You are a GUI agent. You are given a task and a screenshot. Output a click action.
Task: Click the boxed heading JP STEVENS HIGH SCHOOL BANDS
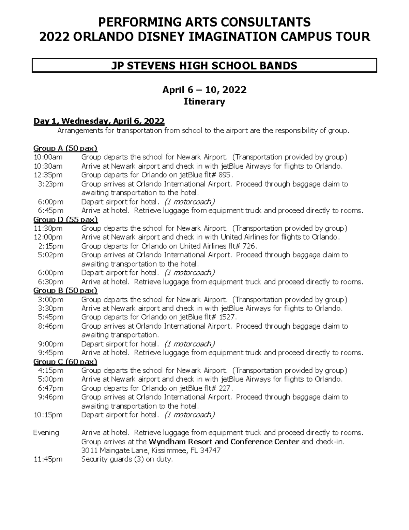(x=204, y=66)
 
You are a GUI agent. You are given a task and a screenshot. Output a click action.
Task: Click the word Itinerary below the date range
(x=204, y=102)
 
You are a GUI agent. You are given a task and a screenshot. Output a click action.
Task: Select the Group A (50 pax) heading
(x=65, y=148)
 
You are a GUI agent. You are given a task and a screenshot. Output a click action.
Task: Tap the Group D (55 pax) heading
(x=65, y=219)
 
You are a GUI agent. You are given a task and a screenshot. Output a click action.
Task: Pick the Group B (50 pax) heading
(x=65, y=290)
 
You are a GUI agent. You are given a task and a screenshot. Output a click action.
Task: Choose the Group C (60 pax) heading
(x=65, y=361)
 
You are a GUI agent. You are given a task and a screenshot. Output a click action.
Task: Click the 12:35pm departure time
(x=48, y=175)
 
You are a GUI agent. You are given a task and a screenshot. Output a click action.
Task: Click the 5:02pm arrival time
(x=50, y=255)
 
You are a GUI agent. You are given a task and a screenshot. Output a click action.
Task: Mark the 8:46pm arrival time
(x=50, y=326)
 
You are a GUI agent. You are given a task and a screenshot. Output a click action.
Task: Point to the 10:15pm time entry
(x=48, y=415)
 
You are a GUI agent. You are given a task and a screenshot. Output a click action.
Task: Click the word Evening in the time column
(x=46, y=433)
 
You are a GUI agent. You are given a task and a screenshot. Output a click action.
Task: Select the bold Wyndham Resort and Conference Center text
(x=224, y=442)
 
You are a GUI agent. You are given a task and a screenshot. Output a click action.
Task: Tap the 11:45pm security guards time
(x=48, y=459)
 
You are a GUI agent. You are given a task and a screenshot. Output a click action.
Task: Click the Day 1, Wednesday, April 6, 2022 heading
(x=99, y=121)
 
